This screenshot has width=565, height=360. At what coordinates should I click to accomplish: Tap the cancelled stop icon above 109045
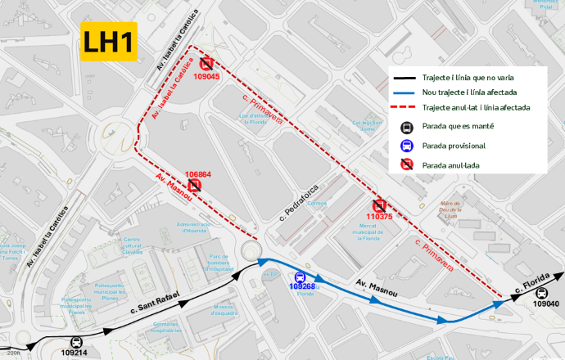[x=206, y=63]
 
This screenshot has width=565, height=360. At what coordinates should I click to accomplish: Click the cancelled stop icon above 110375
[x=379, y=205]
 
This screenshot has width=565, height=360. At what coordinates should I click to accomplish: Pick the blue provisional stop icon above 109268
[x=301, y=277]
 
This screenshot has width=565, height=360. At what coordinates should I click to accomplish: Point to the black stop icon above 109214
[x=77, y=343]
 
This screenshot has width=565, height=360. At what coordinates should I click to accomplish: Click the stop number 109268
[x=302, y=286]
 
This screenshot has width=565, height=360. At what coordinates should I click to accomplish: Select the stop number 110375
[x=379, y=217]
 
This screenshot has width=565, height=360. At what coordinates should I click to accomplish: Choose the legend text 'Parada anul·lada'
[x=450, y=164]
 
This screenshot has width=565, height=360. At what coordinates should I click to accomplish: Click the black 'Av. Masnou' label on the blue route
[x=377, y=287]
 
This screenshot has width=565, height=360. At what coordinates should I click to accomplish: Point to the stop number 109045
[x=206, y=76]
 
